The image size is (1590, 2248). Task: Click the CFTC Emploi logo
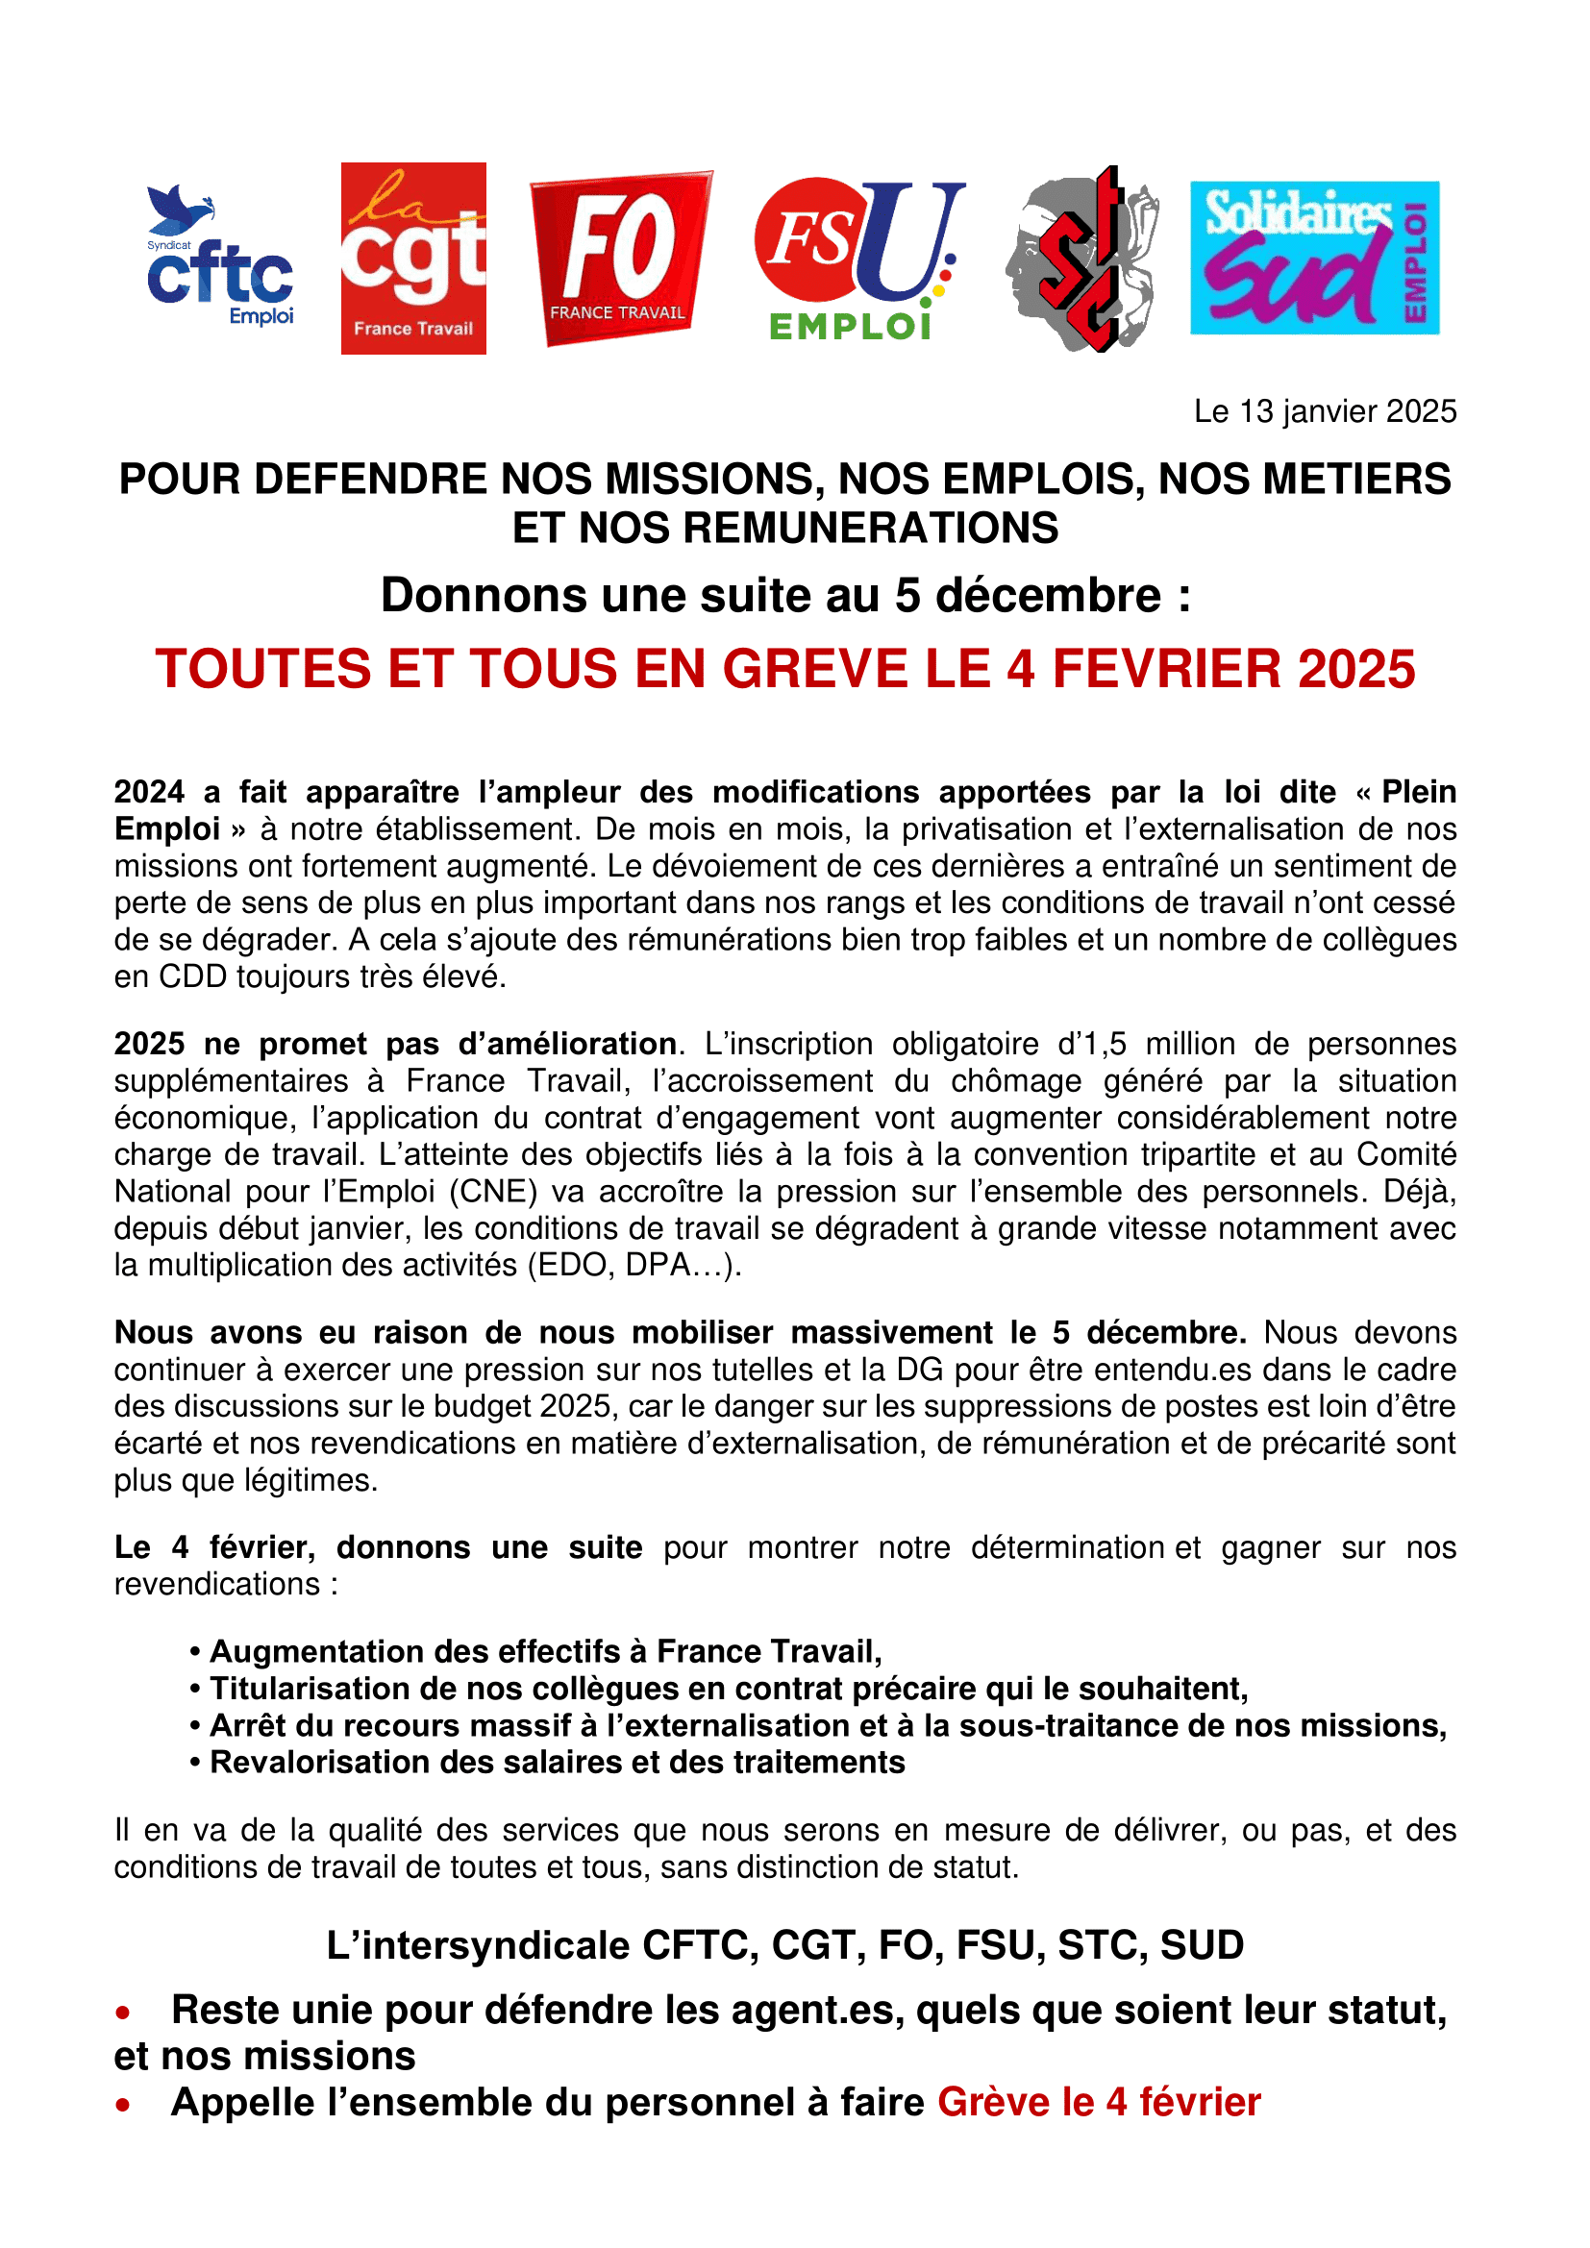point(220,257)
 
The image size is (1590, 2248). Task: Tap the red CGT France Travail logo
point(413,258)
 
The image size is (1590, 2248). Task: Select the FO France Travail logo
point(621,258)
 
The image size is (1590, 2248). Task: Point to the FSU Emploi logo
point(858,259)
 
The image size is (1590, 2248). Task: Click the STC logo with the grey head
point(1081,259)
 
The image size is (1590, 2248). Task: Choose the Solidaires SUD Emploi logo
point(1314,258)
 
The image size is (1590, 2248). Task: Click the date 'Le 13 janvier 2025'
point(1325,411)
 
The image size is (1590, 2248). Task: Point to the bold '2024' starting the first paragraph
point(149,791)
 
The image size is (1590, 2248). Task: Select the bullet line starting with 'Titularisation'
point(729,1688)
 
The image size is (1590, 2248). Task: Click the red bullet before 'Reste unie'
point(122,2013)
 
